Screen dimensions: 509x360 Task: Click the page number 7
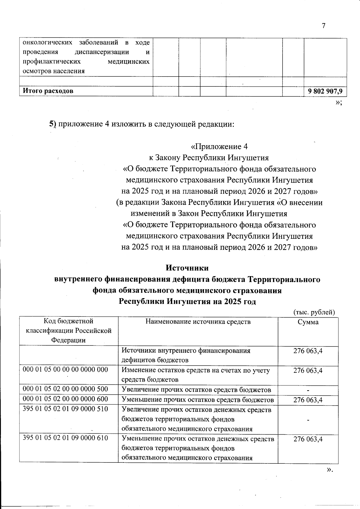click(323, 26)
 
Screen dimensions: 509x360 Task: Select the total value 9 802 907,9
click(325, 91)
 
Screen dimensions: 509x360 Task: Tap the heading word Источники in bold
click(187, 268)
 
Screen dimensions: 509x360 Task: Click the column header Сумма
click(308, 322)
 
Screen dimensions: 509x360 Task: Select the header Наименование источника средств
click(198, 322)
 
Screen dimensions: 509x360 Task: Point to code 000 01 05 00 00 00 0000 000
click(65, 369)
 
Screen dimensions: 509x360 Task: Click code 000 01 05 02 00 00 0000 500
click(65, 389)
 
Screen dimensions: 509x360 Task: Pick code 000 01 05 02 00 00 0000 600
click(65, 399)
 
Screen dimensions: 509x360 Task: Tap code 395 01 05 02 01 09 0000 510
click(65, 409)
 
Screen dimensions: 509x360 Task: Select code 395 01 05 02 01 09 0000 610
click(65, 438)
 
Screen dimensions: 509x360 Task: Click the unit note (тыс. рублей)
click(313, 312)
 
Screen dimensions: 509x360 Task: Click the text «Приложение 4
click(219, 147)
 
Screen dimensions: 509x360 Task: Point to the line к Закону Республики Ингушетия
click(209, 158)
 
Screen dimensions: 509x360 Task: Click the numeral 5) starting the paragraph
click(53, 124)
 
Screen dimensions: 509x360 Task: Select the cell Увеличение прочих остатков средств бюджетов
click(196, 390)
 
